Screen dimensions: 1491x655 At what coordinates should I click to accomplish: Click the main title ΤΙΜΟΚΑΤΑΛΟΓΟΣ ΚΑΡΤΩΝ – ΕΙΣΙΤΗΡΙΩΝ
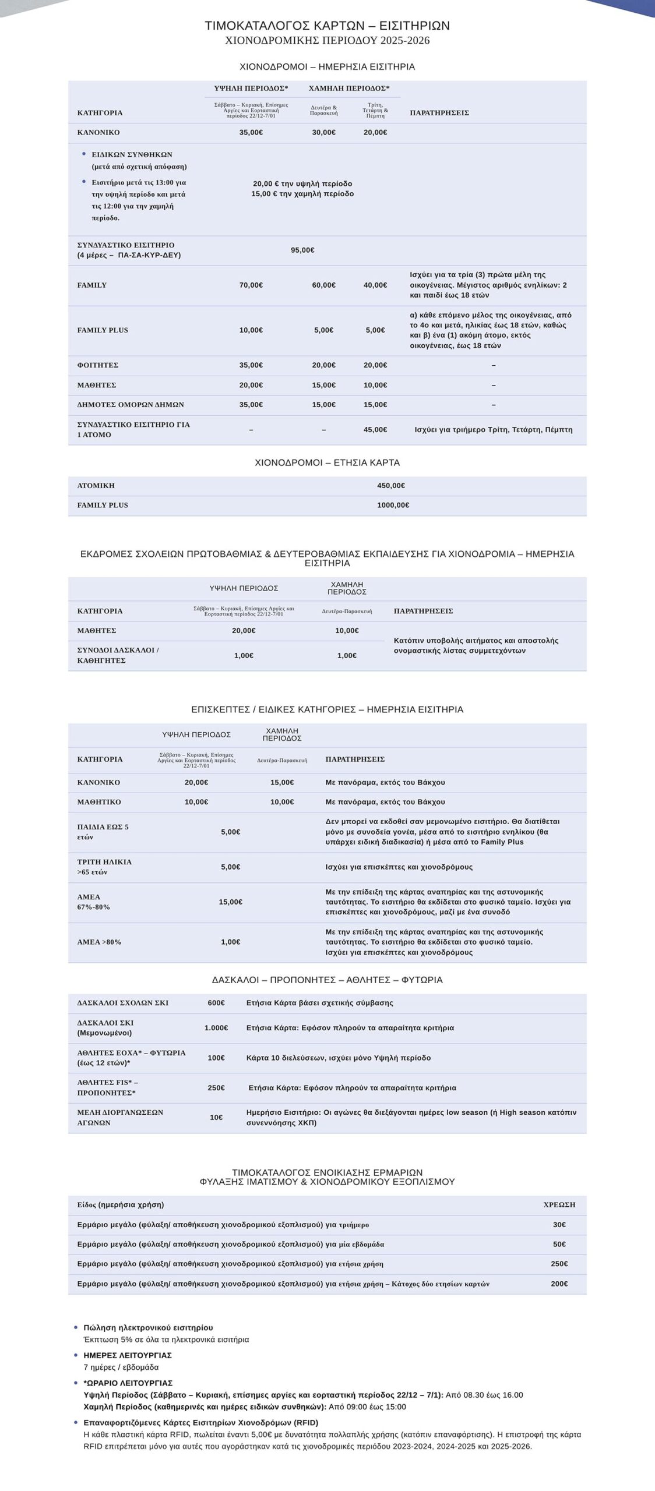coord(327,26)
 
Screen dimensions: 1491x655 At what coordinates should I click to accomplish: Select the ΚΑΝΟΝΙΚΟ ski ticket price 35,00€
coord(251,133)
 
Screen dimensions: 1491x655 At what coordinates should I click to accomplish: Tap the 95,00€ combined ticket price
coord(302,250)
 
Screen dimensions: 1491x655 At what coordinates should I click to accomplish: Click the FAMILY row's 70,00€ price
coord(251,285)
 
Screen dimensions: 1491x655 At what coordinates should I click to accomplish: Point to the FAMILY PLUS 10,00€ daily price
coord(251,330)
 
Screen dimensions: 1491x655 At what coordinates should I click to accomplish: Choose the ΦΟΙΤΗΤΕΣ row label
coord(98,365)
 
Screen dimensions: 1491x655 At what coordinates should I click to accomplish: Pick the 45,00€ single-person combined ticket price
coord(375,430)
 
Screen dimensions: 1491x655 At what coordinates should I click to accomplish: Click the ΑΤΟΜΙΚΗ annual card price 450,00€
coord(390,486)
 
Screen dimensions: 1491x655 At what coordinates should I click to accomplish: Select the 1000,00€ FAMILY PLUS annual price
coord(393,506)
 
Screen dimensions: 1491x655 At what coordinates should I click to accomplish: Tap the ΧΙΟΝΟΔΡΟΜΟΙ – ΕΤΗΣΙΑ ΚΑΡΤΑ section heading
coord(327,463)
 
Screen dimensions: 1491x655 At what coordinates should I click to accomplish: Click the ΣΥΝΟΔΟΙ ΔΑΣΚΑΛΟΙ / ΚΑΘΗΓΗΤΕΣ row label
coord(118,655)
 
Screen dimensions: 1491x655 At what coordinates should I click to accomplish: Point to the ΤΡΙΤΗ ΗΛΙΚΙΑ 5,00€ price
coord(230,867)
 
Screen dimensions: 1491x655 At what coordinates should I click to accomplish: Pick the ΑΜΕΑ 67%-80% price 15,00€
coord(230,902)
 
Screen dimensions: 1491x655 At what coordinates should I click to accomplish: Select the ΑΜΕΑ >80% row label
coord(99,942)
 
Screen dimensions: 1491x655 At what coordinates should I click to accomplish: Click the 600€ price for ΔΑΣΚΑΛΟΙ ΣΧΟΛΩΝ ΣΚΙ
coord(216,1003)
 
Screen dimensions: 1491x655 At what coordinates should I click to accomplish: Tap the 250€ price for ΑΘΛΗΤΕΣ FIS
coord(216,1088)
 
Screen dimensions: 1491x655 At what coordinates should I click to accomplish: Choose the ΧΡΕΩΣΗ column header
coord(559,1205)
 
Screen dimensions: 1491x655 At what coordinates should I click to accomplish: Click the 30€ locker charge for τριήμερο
coord(559,1225)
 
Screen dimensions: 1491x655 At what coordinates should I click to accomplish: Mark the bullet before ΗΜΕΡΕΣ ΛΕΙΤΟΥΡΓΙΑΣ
coord(76,1355)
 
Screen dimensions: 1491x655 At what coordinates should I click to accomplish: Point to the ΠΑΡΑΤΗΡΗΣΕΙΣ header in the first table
coord(439,113)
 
